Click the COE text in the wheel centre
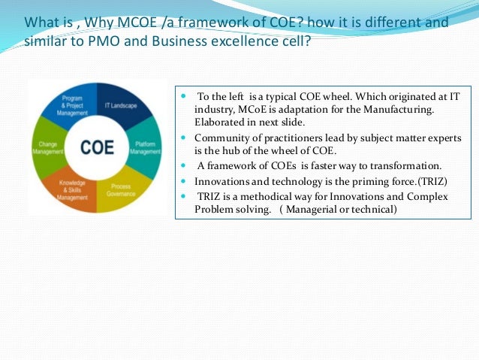pyautogui.click(x=98, y=147)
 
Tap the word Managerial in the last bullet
pyautogui.click(x=310, y=209)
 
